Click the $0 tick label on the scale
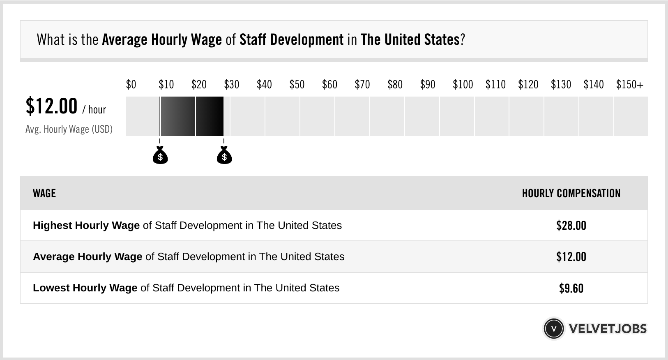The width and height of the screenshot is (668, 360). coord(131,85)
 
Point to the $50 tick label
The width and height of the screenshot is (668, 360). coord(297,85)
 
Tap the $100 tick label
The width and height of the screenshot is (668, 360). coord(463,85)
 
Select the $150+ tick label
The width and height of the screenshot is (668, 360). coord(630,85)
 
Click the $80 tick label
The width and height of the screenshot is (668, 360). coord(395,85)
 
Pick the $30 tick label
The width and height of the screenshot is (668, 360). coord(232,85)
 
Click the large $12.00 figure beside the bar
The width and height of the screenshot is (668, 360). coord(51,106)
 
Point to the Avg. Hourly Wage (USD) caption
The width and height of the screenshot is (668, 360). coord(69,129)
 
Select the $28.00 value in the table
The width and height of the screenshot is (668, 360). coord(571,225)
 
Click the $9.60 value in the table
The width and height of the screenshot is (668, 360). coord(571,288)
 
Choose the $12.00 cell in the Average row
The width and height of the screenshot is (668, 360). coord(571,257)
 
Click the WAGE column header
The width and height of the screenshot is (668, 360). coord(44,193)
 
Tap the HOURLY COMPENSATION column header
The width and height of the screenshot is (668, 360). coord(571,193)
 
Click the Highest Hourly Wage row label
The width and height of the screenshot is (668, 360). coord(86,225)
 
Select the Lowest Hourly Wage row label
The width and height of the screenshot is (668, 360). coord(85,288)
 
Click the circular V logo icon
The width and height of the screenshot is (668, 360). coord(554,329)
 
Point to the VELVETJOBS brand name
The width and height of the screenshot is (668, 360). coord(608,329)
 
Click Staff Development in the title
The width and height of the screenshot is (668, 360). coord(291,39)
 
